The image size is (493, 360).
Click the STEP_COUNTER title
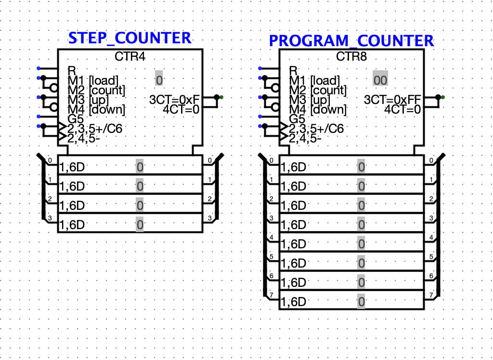tap(130, 38)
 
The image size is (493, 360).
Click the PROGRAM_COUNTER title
tap(351, 40)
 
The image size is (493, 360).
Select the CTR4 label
tap(130, 57)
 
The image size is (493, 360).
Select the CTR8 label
tap(351, 57)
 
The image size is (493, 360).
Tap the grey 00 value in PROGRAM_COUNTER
tap(380, 80)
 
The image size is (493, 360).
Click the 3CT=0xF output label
tap(174, 100)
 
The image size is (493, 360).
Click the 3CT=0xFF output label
tap(392, 100)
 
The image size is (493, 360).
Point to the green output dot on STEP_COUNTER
tap(221, 97)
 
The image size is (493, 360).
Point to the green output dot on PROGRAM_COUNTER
tap(442, 97)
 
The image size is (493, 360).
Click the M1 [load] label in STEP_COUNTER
tap(92, 80)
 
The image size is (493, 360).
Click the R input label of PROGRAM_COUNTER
tap(293, 70)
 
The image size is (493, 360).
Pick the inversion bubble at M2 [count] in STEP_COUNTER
tap(54, 88)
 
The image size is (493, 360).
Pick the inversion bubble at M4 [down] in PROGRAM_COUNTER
tap(276, 107)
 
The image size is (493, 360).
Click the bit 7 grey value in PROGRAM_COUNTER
tap(361, 302)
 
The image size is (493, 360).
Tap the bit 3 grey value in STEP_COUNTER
tap(139, 225)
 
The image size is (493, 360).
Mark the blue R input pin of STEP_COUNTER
tap(39, 68)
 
